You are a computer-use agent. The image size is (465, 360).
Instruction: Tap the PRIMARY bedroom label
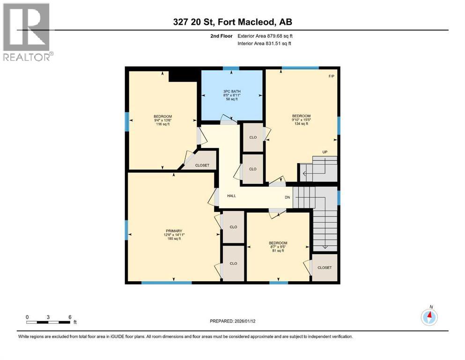tap(173, 231)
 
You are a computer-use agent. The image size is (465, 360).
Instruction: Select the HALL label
tap(231, 196)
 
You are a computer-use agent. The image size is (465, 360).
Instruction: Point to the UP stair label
tap(325, 151)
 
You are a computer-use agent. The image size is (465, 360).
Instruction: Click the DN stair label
tap(288, 197)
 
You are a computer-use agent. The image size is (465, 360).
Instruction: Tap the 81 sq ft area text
tap(278, 251)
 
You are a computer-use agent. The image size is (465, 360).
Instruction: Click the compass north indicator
tap(429, 317)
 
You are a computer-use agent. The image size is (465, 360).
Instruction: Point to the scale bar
tap(49, 322)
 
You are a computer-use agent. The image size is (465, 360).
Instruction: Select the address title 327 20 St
tap(232, 22)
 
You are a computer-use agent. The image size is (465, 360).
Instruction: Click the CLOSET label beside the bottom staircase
tap(325, 268)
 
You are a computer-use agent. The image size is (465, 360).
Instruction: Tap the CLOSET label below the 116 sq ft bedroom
tap(202, 165)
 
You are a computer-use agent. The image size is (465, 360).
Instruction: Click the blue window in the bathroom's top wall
tap(231, 69)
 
